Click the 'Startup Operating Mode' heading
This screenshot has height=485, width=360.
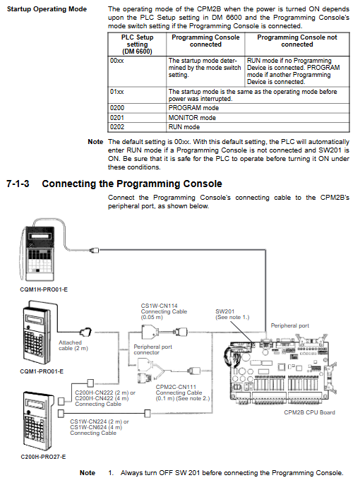tap(47, 9)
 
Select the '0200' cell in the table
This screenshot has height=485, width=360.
tap(137, 108)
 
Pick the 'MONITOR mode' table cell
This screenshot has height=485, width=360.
tap(258, 117)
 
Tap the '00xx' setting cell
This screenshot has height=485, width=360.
tap(137, 71)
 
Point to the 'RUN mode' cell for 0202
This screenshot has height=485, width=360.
tap(258, 127)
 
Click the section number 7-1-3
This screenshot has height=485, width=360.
tap(18, 184)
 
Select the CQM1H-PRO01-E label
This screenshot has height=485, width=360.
tap(44, 290)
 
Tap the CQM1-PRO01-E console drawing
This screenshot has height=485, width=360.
tap(36, 332)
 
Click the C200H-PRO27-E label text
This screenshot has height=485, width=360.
tap(43, 457)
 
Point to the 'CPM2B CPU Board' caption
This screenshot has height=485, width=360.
tap(309, 412)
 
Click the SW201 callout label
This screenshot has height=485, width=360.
tap(232, 314)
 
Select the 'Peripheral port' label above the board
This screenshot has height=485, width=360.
tap(290, 325)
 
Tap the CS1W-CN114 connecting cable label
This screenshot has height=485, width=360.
tap(164, 311)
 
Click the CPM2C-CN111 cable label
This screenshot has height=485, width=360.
tap(183, 393)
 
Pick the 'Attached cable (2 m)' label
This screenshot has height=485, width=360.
tap(73, 345)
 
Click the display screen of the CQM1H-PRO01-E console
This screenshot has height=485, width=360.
tap(40, 236)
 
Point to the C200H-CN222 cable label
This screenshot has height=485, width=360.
tap(105, 398)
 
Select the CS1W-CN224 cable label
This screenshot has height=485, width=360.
tap(100, 427)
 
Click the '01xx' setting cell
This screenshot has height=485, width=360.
tap(137, 95)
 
